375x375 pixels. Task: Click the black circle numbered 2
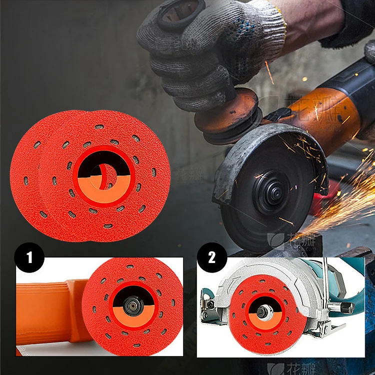point(211,258)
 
